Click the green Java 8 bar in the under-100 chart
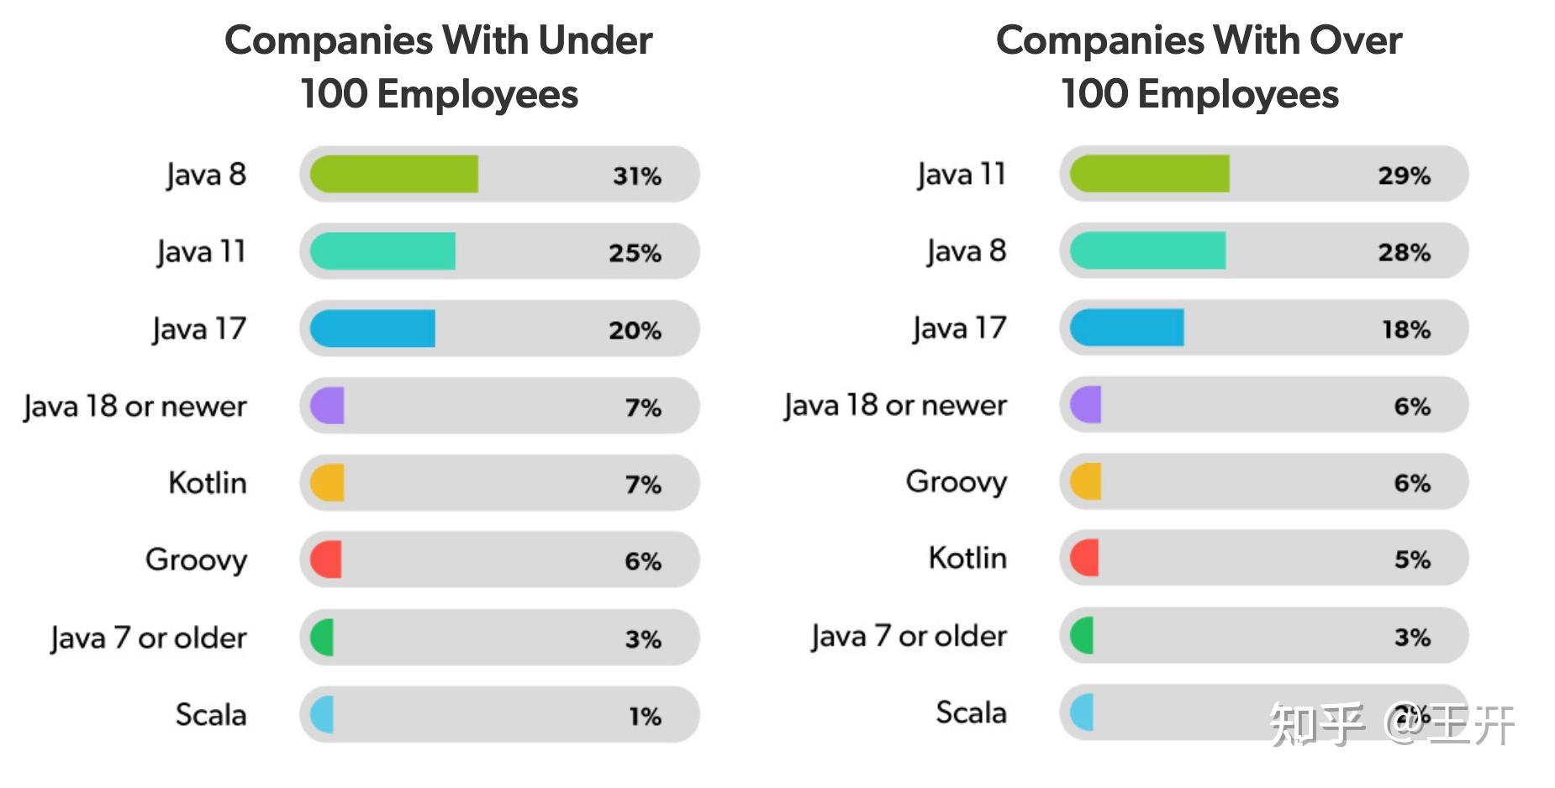tap(393, 175)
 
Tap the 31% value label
tap(636, 176)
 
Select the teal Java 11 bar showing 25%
tap(382, 251)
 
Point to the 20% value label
tap(635, 330)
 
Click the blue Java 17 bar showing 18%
tap(1126, 328)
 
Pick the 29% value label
tap(1404, 175)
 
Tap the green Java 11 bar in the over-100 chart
tap(1149, 174)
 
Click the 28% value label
tap(1404, 252)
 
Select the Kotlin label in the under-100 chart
tap(207, 483)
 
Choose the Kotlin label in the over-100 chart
tap(967, 558)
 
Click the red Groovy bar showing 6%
tap(326, 560)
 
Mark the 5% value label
tap(1412, 559)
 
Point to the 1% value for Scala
tap(645, 717)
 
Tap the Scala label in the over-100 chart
tap(971, 713)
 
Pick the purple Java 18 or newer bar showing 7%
tap(327, 406)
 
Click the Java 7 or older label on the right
tap(909, 637)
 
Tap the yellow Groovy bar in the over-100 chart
tap(1086, 482)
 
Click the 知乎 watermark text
tap(1316, 724)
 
